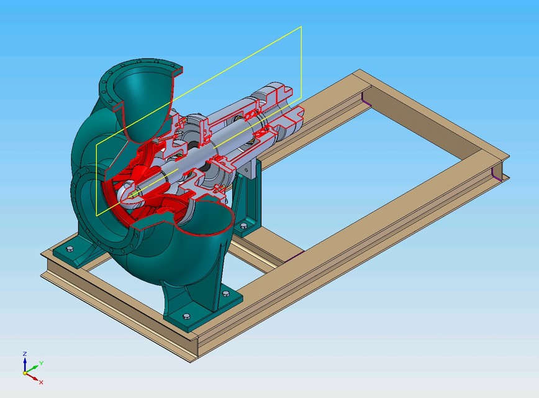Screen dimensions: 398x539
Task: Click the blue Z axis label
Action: tap(24, 353)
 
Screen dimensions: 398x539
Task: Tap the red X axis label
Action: tap(41, 382)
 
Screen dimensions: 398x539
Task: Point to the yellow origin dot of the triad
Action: tap(25, 373)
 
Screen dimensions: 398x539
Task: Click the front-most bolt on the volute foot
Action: tap(187, 315)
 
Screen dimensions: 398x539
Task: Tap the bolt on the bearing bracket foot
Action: tap(243, 225)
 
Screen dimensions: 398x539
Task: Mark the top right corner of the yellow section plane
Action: tap(301, 27)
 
